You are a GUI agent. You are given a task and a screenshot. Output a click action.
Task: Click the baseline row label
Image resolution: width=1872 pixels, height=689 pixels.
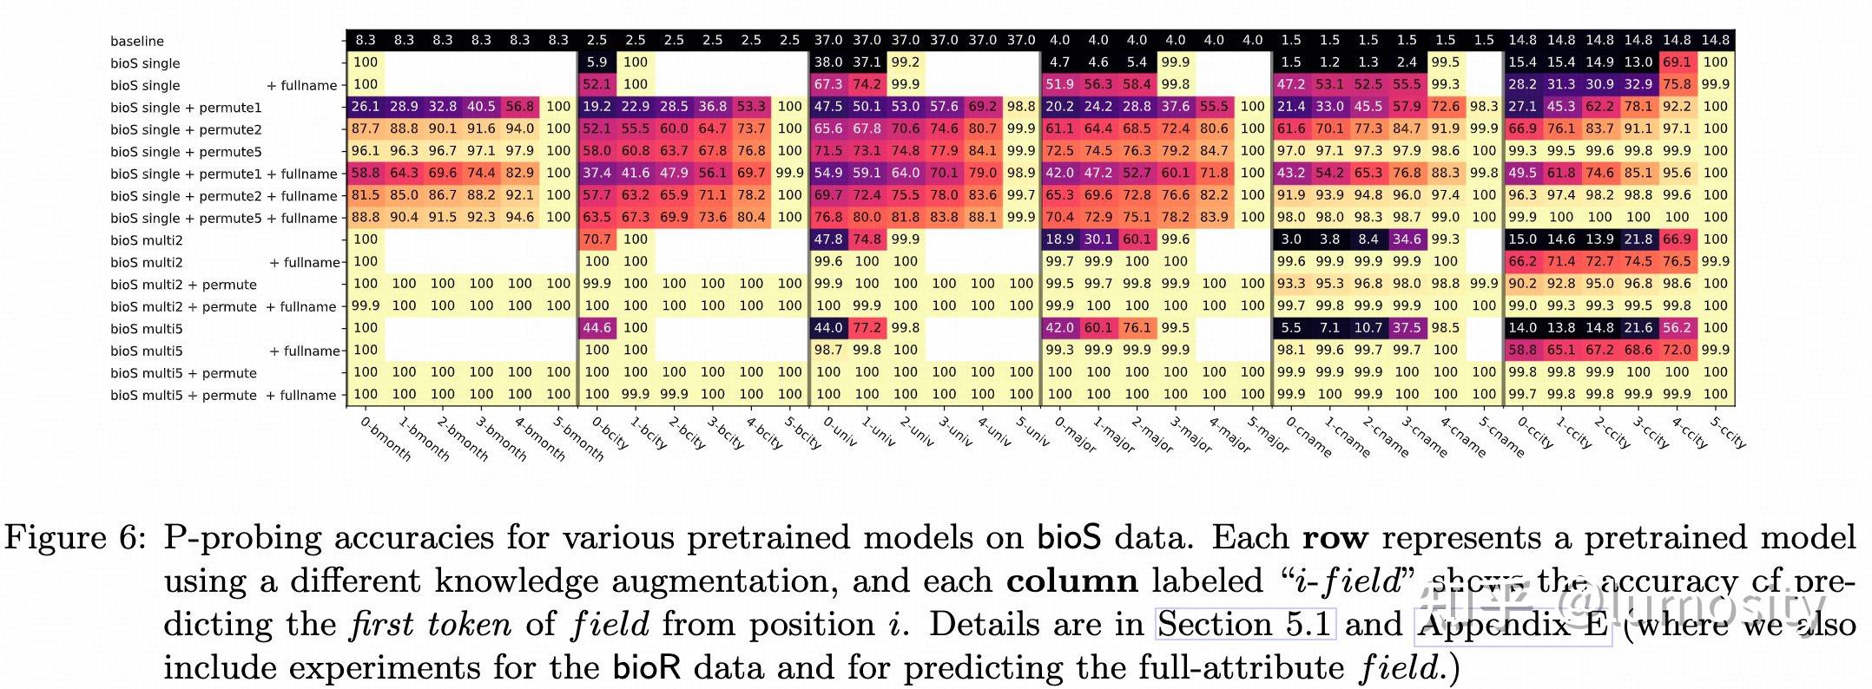(x=136, y=41)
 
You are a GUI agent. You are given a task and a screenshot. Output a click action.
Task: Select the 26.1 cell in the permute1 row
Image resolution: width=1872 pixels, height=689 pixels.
(x=366, y=107)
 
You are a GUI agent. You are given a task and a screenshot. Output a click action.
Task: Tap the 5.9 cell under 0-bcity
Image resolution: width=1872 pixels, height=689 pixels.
(x=597, y=62)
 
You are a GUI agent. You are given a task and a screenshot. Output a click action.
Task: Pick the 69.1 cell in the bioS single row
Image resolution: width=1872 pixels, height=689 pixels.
(x=1677, y=62)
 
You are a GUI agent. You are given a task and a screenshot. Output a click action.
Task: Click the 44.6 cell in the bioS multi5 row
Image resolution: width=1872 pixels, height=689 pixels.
(x=597, y=328)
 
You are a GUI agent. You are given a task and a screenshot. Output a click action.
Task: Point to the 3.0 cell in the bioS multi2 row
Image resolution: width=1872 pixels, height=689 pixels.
(x=1291, y=240)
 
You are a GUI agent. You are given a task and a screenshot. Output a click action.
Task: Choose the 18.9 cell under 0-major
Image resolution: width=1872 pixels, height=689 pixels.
(x=1059, y=240)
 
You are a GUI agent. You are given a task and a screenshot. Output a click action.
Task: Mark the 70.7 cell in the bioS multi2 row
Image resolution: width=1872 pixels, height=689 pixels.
(x=597, y=240)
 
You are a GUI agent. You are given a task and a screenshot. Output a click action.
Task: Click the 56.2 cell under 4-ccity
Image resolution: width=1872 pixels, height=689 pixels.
(x=1677, y=328)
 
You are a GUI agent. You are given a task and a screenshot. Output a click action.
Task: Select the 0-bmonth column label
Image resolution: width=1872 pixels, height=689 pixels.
(x=385, y=438)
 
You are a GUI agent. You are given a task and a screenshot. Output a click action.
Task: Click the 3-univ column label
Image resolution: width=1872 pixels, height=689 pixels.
(x=955, y=432)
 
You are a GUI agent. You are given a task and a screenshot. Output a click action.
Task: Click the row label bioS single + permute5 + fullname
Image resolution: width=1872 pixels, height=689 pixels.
(x=223, y=219)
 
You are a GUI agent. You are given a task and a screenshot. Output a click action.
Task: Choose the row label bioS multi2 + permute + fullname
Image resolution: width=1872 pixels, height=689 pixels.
(x=223, y=307)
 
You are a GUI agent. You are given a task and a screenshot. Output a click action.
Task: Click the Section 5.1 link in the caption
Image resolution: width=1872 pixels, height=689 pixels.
(x=1244, y=625)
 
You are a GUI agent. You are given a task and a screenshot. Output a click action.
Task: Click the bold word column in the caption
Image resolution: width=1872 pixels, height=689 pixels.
(x=1071, y=581)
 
